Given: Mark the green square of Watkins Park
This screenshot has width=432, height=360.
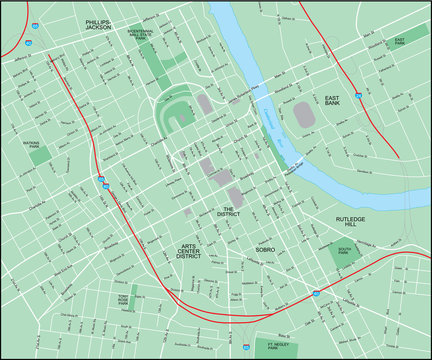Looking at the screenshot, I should coord(39,156).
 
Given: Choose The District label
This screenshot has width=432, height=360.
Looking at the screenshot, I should coord(229,212).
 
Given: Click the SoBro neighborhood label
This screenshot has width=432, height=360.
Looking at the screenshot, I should coord(265,249).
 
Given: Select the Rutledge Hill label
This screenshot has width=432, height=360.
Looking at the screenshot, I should coord(351,222).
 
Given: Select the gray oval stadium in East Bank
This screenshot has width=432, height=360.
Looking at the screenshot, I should coord(303,114).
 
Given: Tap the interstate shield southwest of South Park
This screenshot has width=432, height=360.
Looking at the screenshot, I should coord(317,292).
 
